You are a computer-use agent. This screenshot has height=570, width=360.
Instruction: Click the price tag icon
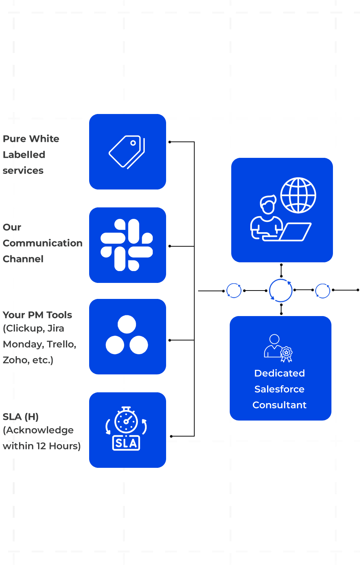(127, 152)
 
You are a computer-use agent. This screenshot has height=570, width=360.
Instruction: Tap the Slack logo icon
(127, 245)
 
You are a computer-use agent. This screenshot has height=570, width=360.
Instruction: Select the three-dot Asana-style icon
(127, 335)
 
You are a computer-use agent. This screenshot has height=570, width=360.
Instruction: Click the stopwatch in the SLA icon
(126, 420)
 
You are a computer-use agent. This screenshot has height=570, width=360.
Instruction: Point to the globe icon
(298, 196)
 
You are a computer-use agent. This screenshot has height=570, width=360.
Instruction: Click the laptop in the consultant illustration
(294, 232)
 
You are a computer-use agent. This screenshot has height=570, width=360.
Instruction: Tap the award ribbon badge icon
(286, 353)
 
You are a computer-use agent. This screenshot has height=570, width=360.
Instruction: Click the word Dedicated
(280, 373)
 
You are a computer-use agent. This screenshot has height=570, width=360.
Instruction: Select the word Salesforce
(280, 389)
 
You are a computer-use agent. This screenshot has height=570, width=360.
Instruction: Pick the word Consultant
(280, 405)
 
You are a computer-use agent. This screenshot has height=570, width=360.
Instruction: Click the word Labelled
(24, 155)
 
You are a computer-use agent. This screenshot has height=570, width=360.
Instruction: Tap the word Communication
(43, 243)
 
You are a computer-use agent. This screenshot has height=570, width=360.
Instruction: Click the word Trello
(61, 344)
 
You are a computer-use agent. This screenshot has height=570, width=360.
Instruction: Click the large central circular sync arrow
(281, 291)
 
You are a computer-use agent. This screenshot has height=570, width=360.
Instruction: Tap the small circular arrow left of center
(234, 291)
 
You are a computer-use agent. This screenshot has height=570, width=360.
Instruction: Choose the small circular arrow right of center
(323, 291)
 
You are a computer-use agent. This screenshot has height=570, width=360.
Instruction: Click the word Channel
(23, 259)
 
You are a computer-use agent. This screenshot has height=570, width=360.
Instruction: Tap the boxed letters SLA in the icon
(126, 443)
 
